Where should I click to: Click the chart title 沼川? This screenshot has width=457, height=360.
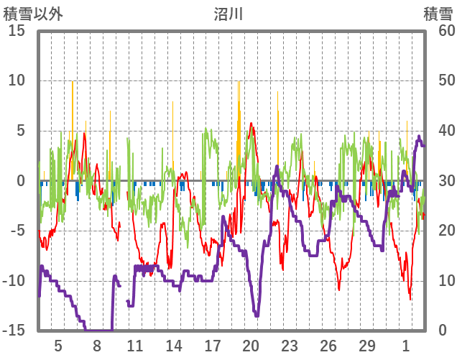point(228,14)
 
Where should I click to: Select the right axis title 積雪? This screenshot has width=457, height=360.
point(437,14)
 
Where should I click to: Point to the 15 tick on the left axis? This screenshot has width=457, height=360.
point(17,31)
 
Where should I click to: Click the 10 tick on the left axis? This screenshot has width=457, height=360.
point(17,80)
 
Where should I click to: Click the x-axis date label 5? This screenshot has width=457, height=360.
point(58,346)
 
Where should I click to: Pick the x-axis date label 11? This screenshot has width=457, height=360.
point(135,346)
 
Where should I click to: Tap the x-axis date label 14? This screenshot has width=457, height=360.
point(174,346)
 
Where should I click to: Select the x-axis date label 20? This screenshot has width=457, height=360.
point(251,346)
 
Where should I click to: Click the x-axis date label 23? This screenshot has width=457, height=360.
point(290,346)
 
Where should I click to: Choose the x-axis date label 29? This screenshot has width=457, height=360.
point(367,346)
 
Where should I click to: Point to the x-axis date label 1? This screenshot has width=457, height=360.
point(406,346)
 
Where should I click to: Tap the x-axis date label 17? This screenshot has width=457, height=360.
point(212,346)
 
